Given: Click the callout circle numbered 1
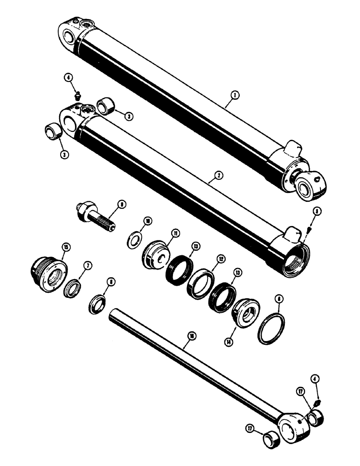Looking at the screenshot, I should tap(236, 95).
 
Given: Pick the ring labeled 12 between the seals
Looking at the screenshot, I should tap(201, 284).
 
